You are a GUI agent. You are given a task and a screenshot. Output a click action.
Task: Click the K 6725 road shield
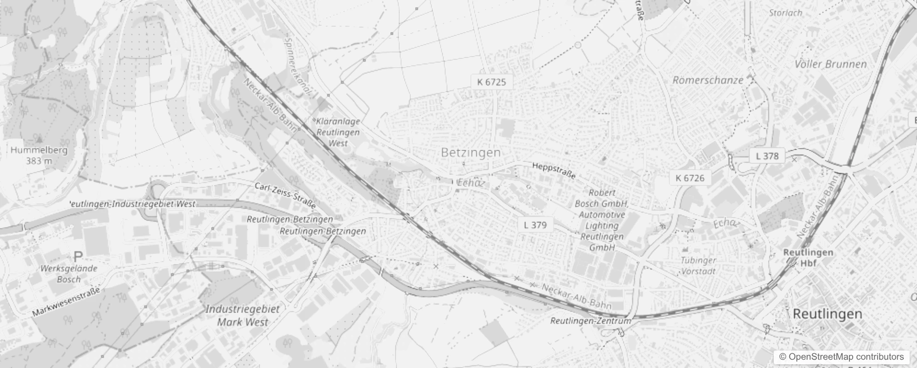[491, 82]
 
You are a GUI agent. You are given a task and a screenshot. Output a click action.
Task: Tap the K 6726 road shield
[690, 178]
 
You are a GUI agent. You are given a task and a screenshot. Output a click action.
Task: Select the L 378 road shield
[767, 156]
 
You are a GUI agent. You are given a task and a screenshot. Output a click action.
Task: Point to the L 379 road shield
[535, 225]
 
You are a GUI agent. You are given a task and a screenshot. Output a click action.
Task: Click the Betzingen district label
[470, 153]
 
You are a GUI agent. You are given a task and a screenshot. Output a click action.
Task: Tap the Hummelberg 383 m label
[39, 155]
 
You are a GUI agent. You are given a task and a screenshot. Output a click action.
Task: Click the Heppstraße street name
[554, 170]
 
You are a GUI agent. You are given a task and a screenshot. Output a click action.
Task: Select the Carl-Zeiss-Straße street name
[285, 195]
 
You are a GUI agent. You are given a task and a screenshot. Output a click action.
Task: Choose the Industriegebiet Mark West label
[242, 315]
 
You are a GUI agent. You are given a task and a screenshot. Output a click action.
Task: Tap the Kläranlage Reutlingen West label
[338, 132]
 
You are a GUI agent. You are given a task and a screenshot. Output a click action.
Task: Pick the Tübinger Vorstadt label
[698, 266]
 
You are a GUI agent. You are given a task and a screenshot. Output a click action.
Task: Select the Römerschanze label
[708, 80]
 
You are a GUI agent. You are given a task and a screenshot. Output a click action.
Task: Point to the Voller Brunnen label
[831, 64]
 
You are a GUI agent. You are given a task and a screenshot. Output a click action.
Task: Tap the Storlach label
[786, 13]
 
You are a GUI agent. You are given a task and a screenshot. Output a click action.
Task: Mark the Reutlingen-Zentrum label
[591, 321]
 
